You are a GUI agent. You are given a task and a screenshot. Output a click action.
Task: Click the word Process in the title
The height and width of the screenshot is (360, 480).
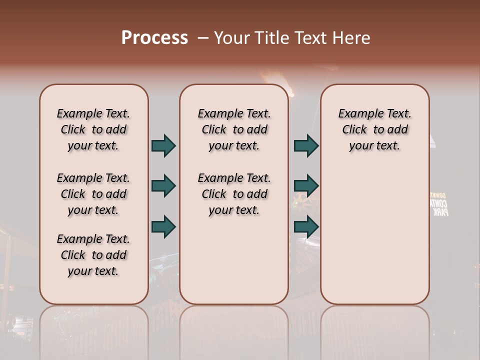(154, 37)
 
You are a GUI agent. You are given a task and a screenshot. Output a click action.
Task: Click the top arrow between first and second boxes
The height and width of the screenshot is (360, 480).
(163, 145)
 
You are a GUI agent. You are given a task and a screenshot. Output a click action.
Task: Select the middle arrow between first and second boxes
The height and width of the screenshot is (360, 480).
(163, 186)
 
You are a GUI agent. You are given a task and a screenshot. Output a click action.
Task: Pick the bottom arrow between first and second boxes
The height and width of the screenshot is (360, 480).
(163, 226)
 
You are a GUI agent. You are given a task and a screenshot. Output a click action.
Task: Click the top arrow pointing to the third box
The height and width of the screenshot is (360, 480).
(306, 145)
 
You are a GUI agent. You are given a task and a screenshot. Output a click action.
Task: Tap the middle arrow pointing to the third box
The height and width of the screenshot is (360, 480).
(306, 186)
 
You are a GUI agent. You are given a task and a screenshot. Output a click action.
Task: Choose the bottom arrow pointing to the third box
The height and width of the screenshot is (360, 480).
(306, 226)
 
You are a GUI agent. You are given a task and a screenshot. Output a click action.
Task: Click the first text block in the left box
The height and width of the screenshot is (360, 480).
(93, 129)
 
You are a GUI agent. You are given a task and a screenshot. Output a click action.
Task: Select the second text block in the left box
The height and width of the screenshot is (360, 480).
(93, 194)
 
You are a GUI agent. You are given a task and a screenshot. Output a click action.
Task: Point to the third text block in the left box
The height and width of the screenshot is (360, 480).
(93, 255)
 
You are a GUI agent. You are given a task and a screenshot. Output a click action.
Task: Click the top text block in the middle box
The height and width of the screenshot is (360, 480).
(234, 129)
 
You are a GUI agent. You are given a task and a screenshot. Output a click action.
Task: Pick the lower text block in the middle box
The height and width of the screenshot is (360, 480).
(234, 194)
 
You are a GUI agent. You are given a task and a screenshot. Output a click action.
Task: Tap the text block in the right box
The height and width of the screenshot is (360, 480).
(374, 129)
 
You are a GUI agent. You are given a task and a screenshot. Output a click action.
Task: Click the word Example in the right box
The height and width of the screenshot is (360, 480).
(357, 113)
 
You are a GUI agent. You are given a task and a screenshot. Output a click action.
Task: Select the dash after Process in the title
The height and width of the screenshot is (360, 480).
(203, 38)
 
